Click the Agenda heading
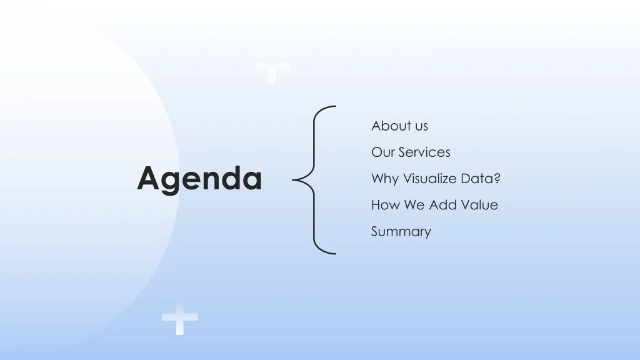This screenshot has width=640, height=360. coord(199,179)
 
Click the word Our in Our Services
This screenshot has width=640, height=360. coord(382,152)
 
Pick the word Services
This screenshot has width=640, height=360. coord(424,152)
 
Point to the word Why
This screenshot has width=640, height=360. coord(384,179)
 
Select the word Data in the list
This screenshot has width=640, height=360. coord(477,179)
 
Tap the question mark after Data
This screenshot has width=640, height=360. coord(497,178)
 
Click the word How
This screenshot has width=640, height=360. coord(385,205)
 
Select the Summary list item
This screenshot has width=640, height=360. coord(401,232)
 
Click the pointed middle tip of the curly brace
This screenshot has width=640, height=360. coord(292,179)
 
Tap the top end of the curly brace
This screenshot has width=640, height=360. coord(336,106)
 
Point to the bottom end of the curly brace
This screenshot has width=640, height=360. coord(336,254)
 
